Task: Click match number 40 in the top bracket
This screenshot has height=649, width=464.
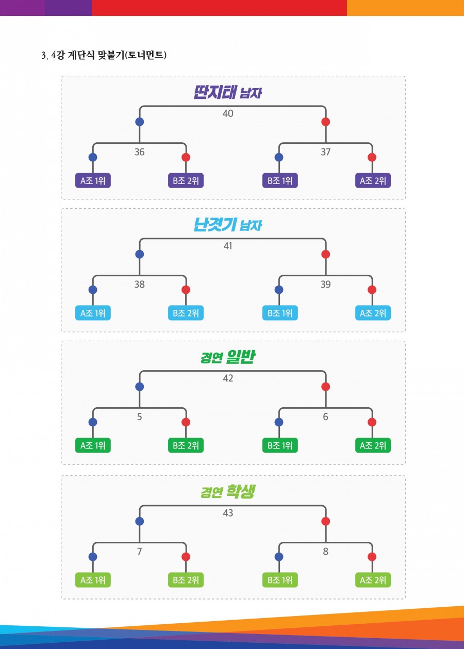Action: click(x=228, y=113)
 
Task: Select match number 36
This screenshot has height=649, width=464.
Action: click(x=140, y=152)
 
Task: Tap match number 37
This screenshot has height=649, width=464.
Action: click(x=325, y=152)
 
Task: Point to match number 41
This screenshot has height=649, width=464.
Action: click(x=228, y=246)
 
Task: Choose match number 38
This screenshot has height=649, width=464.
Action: click(x=140, y=284)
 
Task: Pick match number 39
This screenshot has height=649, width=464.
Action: click(x=325, y=284)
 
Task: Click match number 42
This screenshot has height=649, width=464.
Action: click(x=228, y=378)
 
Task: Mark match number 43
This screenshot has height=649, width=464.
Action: click(x=228, y=513)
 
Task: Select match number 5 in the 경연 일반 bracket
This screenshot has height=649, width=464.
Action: click(x=140, y=417)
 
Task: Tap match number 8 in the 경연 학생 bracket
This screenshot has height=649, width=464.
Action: click(x=325, y=551)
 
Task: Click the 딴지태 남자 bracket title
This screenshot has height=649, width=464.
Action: click(x=228, y=93)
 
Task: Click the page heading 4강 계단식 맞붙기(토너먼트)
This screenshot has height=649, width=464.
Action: click(x=104, y=56)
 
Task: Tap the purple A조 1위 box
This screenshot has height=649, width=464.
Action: click(x=93, y=181)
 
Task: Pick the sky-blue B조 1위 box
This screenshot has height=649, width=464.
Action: click(x=279, y=313)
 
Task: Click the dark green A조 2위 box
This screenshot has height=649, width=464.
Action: click(x=373, y=445)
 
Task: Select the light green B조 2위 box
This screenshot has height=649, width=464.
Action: click(x=186, y=580)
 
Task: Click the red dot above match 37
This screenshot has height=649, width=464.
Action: click(x=325, y=122)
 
